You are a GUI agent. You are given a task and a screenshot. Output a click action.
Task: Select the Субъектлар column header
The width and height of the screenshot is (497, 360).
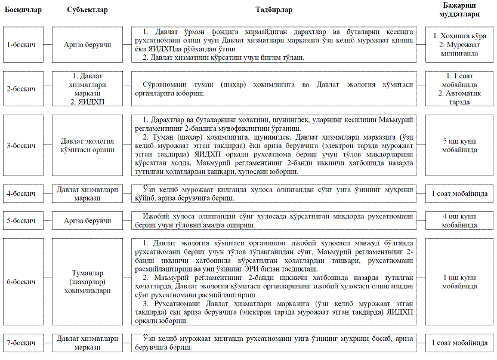[87, 11]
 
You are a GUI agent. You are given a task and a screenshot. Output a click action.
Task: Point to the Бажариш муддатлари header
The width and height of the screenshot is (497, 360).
[459, 11]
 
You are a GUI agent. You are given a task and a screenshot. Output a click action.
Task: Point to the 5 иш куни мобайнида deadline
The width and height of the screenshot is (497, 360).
[459, 146]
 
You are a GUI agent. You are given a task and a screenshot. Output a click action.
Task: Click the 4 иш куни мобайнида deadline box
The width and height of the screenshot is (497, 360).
[459, 221]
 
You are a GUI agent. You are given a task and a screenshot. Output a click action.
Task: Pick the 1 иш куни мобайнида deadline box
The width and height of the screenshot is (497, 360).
[459, 282]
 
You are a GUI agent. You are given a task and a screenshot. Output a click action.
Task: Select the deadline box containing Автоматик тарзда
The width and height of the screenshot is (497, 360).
[459, 89]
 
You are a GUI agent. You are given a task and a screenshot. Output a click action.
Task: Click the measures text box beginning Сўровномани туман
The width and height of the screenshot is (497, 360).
[278, 89]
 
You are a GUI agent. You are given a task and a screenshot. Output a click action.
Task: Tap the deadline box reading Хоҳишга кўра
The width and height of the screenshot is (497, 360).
[459, 45]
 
